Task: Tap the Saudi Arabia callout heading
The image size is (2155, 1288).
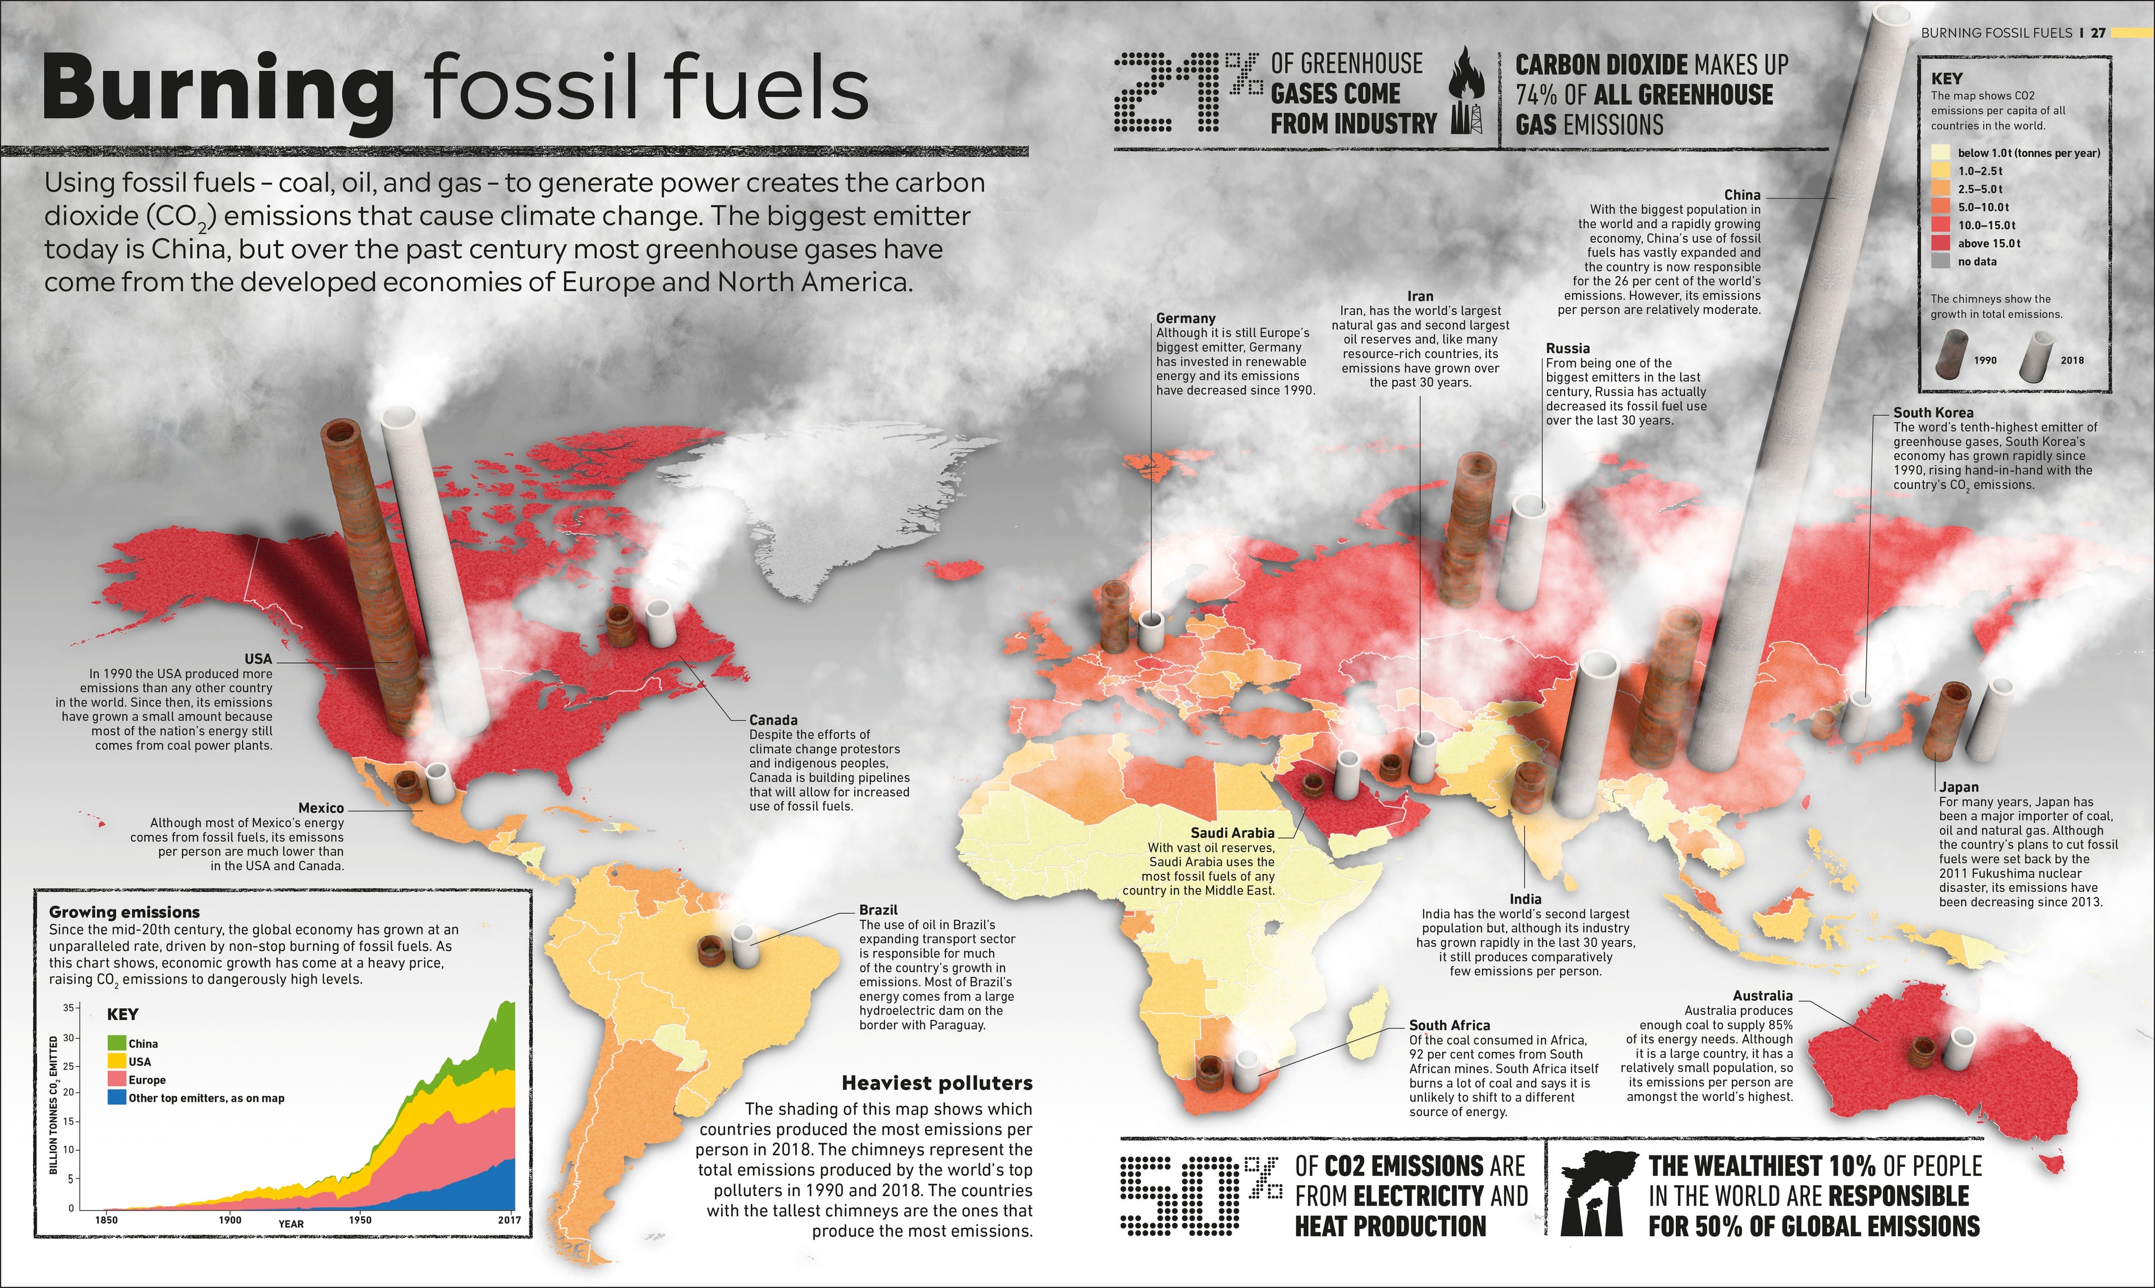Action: (1232, 832)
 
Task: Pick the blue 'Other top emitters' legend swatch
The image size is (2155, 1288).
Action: (117, 1098)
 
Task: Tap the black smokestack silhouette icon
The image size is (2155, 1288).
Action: (1597, 1193)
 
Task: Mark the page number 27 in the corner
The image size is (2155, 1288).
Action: (2097, 33)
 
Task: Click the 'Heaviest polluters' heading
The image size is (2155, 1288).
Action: (937, 1083)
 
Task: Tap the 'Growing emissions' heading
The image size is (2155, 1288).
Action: (124, 912)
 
